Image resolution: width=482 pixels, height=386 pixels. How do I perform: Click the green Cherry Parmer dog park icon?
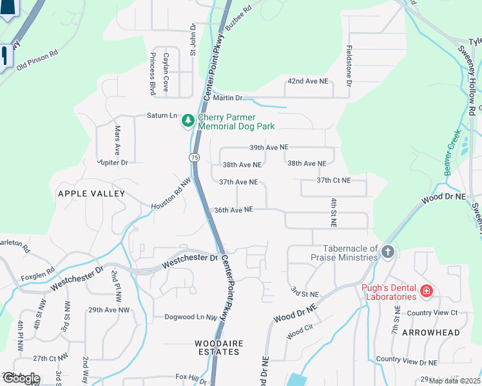pos(188,120)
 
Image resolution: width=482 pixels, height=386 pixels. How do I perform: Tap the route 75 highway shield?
pos(195,157)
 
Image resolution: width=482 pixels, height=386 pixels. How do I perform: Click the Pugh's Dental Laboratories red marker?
pos(426,291)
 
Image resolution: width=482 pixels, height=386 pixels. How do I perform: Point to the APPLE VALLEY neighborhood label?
pos(91,194)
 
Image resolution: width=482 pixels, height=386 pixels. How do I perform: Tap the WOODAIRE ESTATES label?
pos(219,348)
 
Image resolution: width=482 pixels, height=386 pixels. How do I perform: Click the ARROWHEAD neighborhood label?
pos(430,333)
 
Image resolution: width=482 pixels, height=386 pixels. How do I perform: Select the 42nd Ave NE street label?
pos(307,82)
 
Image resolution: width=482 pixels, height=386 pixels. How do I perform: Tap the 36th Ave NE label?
pos(233,210)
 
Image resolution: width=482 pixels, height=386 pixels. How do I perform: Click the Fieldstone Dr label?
pos(349,66)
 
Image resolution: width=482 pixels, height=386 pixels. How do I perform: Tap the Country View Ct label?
pos(432,313)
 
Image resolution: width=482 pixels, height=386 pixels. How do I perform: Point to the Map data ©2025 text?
pos(454,381)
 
